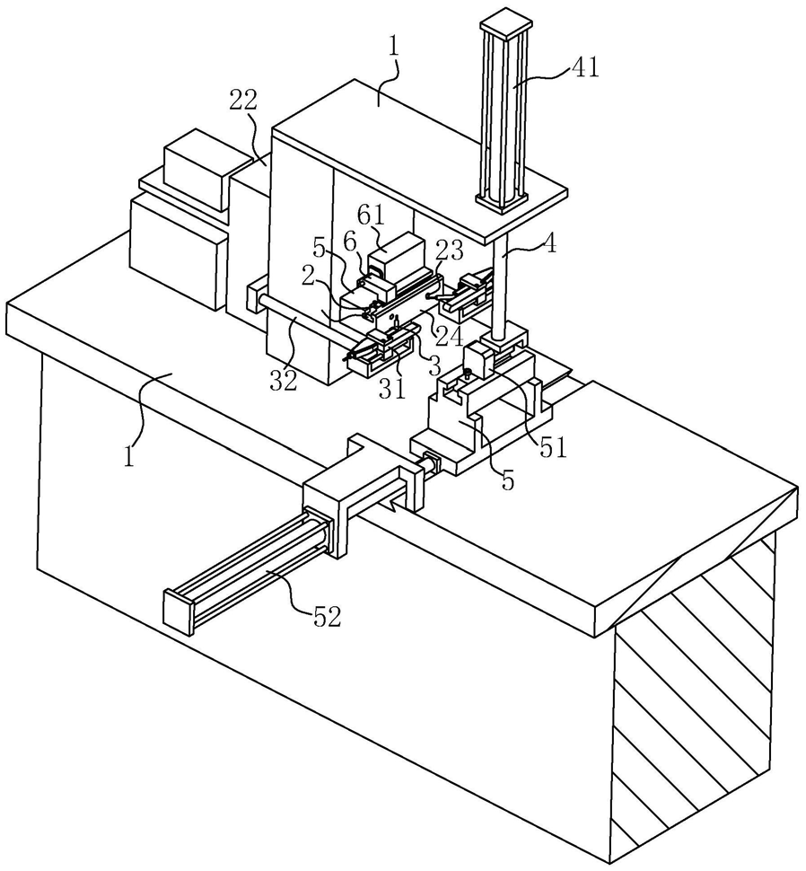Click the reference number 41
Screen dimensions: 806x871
(584, 67)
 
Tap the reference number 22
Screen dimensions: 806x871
(243, 101)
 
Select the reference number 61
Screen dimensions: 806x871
(371, 216)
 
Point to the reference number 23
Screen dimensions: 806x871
(449, 251)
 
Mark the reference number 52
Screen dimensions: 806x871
(326, 617)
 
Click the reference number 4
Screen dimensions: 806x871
(548, 243)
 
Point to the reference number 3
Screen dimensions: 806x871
(434, 366)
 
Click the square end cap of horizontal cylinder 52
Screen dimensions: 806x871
(177, 608)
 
